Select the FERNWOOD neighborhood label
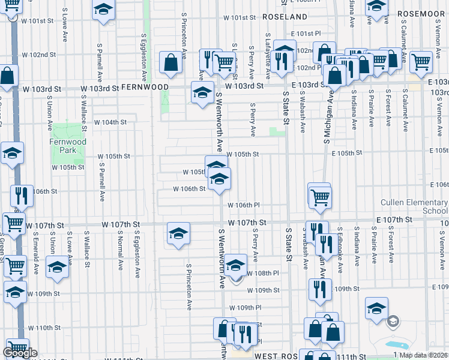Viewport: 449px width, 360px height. [x=145, y=87]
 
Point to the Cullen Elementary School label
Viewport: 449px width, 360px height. [x=414, y=206]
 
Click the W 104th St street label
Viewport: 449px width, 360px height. [x=111, y=122]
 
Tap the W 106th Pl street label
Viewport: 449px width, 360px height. [x=243, y=205]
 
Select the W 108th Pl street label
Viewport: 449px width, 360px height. [x=264, y=272]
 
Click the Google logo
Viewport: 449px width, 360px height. [x=19, y=353]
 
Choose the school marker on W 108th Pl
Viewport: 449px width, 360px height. [x=237, y=265]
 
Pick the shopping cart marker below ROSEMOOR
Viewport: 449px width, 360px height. [x=421, y=61]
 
